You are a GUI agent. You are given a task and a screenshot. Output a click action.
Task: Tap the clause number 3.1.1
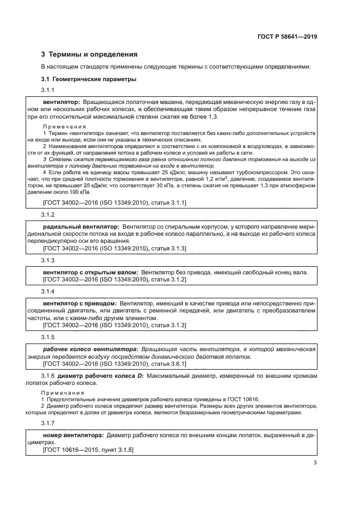point(48,90)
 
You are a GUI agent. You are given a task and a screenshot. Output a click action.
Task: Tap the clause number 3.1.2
point(48,214)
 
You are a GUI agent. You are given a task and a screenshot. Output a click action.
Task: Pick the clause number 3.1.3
point(48,261)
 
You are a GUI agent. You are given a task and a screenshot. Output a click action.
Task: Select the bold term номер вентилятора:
point(73,436)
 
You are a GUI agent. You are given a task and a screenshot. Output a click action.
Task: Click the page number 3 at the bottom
point(315,463)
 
